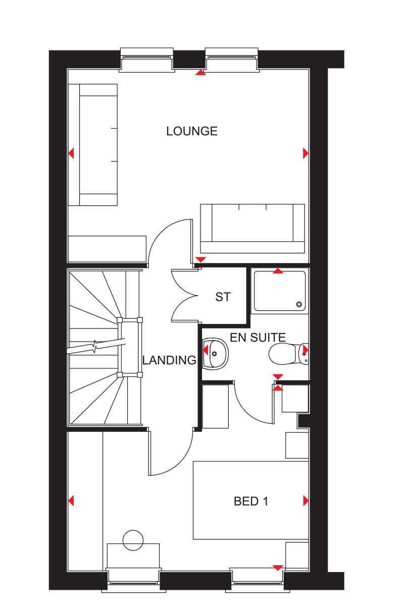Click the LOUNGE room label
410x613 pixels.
pyautogui.click(x=192, y=132)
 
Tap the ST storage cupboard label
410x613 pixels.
pyautogui.click(x=223, y=297)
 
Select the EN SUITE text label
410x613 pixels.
pyautogui.click(x=258, y=338)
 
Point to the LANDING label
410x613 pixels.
pyautogui.click(x=169, y=360)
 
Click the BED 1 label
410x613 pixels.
pyautogui.click(x=250, y=501)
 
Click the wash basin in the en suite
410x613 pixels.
pyautogui.click(x=216, y=353)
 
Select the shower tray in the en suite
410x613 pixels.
pyautogui.click(x=280, y=291)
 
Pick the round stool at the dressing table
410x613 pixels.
pyautogui.click(x=133, y=540)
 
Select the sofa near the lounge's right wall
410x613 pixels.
pyautogui.click(x=252, y=229)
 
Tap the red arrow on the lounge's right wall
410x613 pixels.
pyautogui.click(x=305, y=153)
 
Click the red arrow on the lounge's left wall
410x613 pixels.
pyautogui.click(x=71, y=152)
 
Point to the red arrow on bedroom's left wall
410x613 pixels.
pyautogui.click(x=71, y=500)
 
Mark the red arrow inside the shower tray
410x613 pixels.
pyautogui.click(x=277, y=271)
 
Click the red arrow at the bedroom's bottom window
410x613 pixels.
pyautogui.click(x=277, y=568)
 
